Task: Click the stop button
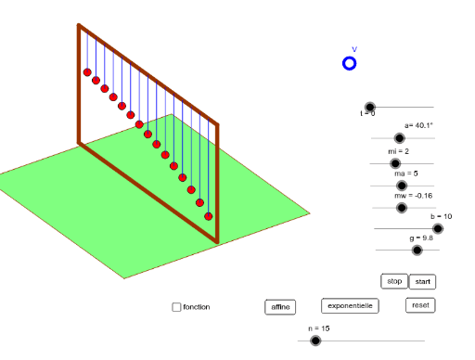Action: tap(394, 281)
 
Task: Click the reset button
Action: tap(420, 305)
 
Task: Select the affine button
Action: tap(279, 306)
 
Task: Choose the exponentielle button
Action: tap(350, 305)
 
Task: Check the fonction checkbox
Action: tap(176, 307)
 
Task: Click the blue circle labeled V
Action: tap(350, 63)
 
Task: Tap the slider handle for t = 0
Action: tap(369, 108)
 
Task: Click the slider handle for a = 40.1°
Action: tap(400, 138)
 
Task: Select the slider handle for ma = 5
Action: tap(402, 185)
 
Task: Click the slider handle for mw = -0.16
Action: tap(402, 207)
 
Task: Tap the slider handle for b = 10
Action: tap(437, 227)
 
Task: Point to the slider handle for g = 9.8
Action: tap(417, 250)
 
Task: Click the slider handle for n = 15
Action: tap(315, 341)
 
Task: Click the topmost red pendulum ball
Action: tap(87, 71)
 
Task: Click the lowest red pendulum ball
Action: tap(209, 216)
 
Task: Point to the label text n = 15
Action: tap(319, 328)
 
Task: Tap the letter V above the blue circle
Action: tap(353, 49)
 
